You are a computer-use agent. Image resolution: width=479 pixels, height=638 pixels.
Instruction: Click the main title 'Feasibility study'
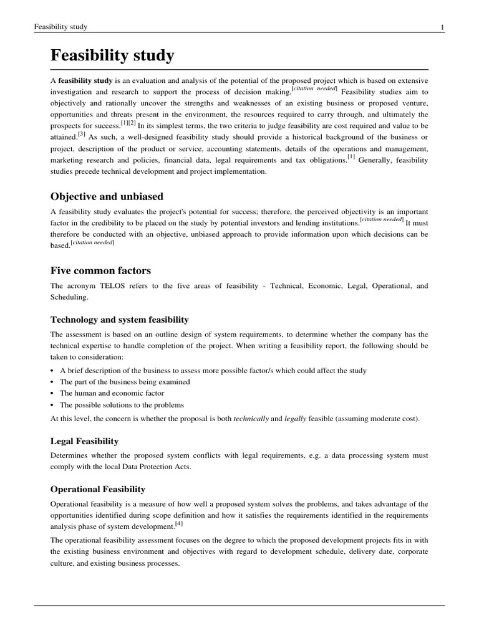(x=112, y=55)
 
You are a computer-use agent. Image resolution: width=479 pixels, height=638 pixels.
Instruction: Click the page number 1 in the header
(x=442, y=27)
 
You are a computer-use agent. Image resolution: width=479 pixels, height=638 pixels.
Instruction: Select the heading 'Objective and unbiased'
(x=107, y=196)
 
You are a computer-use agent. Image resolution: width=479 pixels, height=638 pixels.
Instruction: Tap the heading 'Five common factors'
(x=100, y=270)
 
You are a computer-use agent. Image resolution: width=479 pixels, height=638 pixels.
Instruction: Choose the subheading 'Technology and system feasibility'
(x=119, y=320)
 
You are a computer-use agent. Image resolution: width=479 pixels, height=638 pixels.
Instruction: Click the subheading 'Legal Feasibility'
(x=84, y=441)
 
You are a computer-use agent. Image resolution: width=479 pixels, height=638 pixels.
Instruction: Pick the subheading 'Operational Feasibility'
(x=97, y=490)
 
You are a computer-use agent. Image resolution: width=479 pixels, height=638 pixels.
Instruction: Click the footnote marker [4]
(x=162, y=523)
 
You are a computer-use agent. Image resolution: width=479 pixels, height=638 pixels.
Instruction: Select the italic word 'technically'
(x=251, y=419)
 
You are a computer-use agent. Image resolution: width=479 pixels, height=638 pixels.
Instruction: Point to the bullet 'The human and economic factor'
(x=112, y=393)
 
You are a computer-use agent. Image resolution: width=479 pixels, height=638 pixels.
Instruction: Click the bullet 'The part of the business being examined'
(x=125, y=382)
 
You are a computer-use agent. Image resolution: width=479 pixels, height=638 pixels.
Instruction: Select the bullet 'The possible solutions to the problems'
(x=122, y=404)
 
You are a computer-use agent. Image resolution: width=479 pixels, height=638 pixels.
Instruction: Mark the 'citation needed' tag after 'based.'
(x=92, y=243)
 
